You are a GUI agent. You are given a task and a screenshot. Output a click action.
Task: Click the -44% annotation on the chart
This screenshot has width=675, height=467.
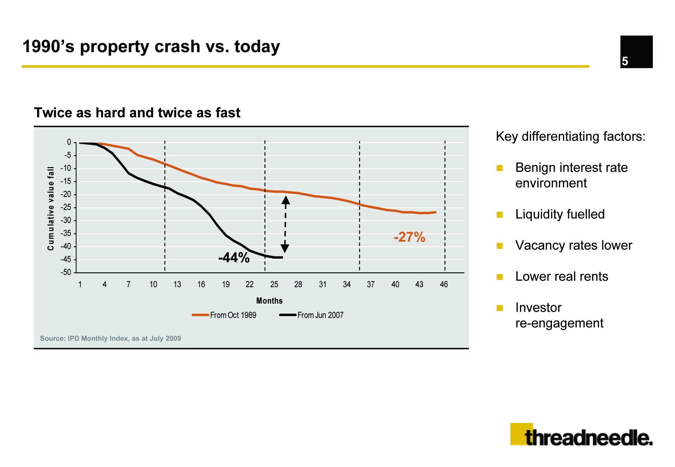pos(234,258)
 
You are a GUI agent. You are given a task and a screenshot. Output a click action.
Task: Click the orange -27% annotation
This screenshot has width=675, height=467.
pos(409,237)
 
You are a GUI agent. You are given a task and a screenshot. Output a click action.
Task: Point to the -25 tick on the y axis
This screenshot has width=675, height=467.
pos(66,207)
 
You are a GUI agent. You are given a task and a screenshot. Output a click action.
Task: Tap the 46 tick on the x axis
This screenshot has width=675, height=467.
pos(444,284)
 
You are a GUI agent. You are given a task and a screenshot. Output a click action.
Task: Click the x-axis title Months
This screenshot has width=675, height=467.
pos(269,301)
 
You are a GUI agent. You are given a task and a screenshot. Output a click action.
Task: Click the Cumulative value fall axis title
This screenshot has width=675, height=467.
pos(51,208)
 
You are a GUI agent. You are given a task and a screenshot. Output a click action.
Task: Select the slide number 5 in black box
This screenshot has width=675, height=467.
pos(625,61)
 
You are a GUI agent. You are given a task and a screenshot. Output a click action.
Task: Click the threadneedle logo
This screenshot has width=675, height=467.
pos(581,435)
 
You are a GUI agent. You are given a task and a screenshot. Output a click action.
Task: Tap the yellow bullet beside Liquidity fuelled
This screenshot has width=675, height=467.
pos(500,215)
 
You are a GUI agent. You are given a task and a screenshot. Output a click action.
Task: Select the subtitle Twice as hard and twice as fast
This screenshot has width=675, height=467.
pos(137,113)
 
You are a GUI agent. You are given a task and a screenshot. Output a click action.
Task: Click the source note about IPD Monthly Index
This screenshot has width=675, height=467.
pos(111,339)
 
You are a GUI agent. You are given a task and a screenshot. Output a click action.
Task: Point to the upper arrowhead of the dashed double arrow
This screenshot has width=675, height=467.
pos(286,200)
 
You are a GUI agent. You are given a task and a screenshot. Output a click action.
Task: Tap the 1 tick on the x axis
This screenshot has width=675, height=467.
pos(80,284)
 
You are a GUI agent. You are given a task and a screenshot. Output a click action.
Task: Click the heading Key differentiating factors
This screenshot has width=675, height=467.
pos(571,137)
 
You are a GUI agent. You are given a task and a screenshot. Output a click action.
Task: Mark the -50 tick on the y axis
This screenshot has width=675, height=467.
pos(66,273)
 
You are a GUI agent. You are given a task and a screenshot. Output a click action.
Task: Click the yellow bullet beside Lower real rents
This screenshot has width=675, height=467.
pos(500,277)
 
